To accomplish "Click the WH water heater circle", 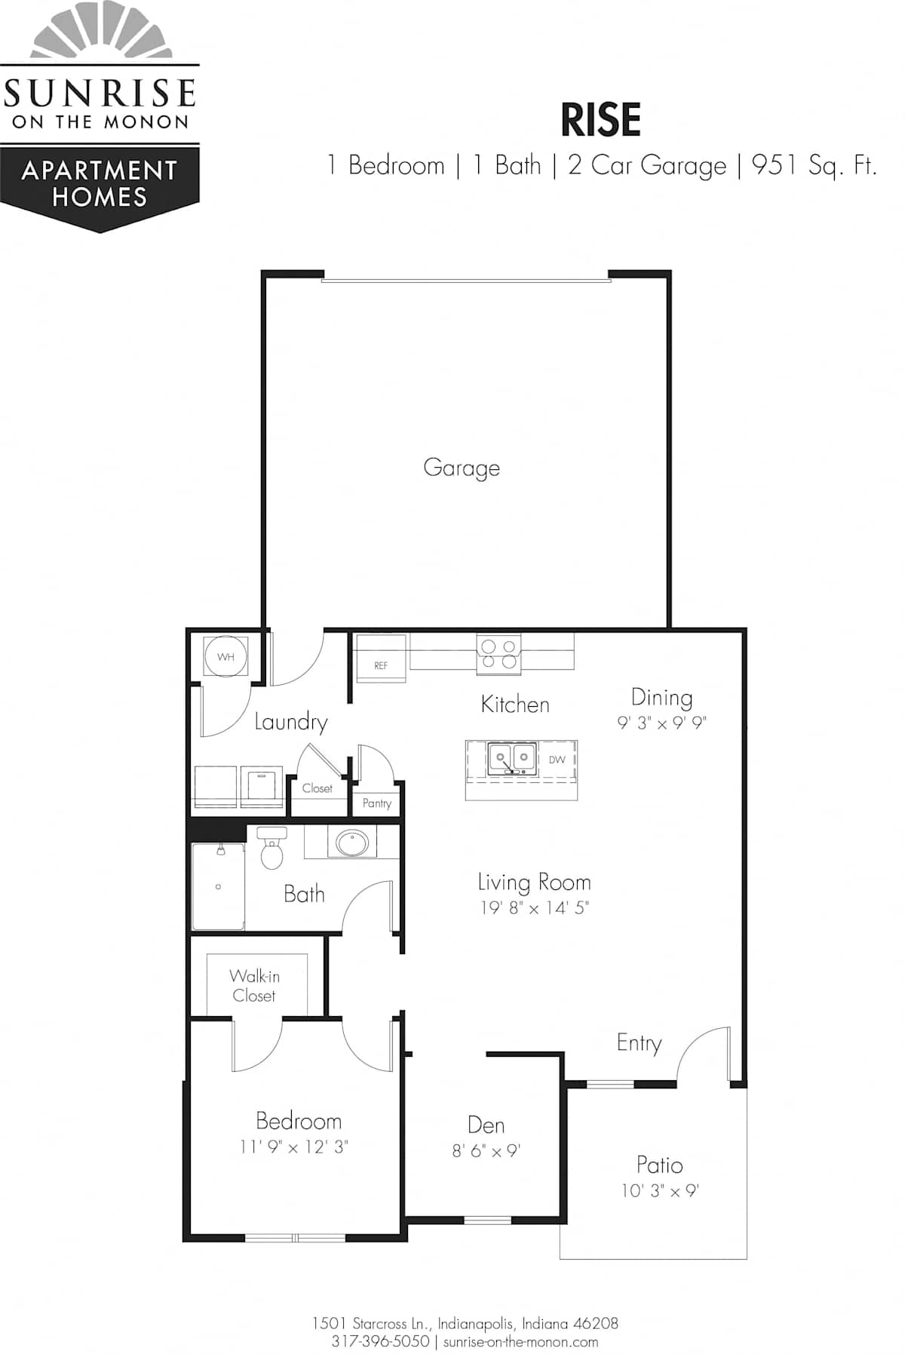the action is click(x=225, y=657).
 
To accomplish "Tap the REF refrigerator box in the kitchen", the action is click(x=381, y=659).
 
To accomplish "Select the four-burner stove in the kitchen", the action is click(x=499, y=654).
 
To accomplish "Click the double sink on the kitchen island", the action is click(x=512, y=759).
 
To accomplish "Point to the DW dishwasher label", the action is click(x=557, y=760).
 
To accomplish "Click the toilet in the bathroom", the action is click(x=271, y=847).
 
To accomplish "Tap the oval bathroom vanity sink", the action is click(x=351, y=843).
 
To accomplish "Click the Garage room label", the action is click(x=462, y=468).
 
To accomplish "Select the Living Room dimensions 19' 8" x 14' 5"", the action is click(x=535, y=907).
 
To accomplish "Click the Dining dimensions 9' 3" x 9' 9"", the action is click(x=662, y=723).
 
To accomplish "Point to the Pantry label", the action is click(x=377, y=803).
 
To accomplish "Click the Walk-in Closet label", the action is click(x=254, y=986).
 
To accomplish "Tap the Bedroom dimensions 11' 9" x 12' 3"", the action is click(x=294, y=1147).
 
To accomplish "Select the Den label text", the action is click(x=486, y=1125).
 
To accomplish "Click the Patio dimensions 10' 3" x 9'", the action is click(x=661, y=1191).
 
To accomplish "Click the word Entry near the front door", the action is click(x=640, y=1043).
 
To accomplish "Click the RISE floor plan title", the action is click(x=601, y=120).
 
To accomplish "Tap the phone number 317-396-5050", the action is click(x=381, y=1342).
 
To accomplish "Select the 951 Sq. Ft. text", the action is click(x=814, y=165).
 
